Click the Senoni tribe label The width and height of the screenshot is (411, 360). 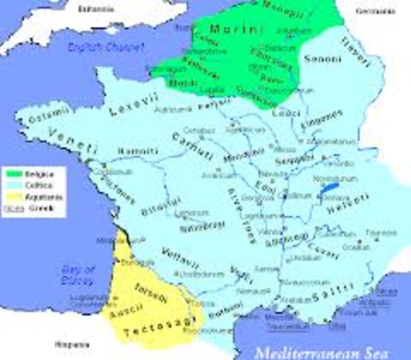322,58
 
